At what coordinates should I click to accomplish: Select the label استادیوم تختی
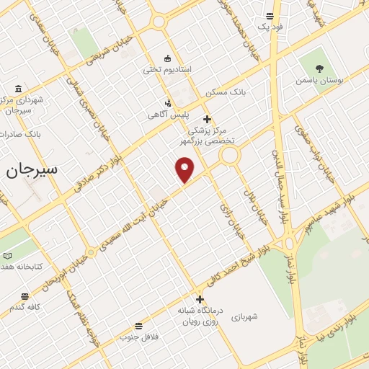pos(167,70)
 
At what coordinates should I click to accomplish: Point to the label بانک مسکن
pos(226,93)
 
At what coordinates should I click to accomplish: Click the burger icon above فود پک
pos(270,16)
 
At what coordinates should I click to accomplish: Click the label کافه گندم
pos(25,308)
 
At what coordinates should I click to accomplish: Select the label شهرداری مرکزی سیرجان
pos(25,105)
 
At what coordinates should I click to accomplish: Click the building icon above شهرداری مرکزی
pos(13,89)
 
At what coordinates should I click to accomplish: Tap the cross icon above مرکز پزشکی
pos(207,119)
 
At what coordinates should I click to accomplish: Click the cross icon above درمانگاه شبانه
pos(199,299)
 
